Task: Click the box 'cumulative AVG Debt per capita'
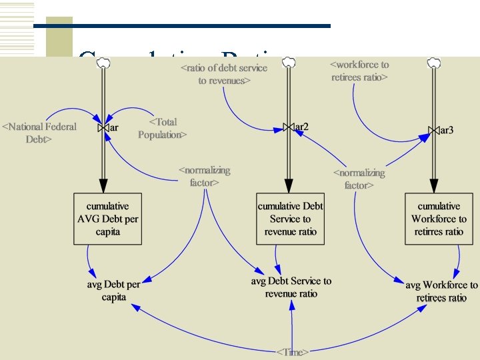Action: pos(107,219)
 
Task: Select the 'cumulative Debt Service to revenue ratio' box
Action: pos(290,219)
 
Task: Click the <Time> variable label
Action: pos(293,351)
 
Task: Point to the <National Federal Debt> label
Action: pos(39,133)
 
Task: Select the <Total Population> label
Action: pos(162,128)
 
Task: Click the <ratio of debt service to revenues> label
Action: pos(224,74)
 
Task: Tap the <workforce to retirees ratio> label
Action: pos(360,71)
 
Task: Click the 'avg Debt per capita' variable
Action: pos(114,291)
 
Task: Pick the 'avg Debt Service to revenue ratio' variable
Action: pos(291,287)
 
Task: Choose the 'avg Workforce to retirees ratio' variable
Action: pos(441,291)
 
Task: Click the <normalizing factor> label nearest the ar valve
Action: pos(205,176)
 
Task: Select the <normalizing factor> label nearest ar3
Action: pos(359,179)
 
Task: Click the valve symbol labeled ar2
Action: pos(288,127)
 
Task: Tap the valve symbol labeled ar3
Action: pos(434,130)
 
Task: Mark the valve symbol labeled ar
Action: pos(103,127)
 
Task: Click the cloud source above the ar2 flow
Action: pos(288,62)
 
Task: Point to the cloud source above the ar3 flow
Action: pos(434,63)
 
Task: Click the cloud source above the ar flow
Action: pos(103,63)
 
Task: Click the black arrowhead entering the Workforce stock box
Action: pos(434,186)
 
